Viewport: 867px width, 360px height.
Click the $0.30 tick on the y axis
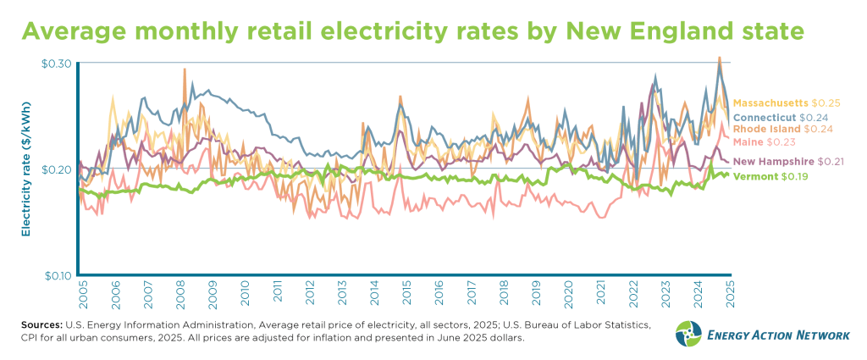point(55,64)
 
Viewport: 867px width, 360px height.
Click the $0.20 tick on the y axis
point(55,169)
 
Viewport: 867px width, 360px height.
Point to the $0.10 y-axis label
point(55,275)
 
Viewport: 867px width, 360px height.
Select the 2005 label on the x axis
point(83,294)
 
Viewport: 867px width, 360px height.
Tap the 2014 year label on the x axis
point(374,294)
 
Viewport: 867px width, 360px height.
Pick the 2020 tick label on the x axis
point(569,294)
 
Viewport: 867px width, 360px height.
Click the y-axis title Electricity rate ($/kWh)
point(26,169)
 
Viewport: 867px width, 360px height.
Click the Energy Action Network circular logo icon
point(688,334)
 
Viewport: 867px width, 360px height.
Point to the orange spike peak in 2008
point(184,70)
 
